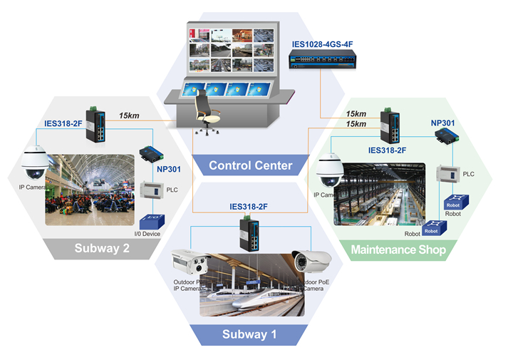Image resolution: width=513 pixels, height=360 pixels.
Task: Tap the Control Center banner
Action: click(250, 165)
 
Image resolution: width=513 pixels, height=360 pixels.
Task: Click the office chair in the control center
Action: click(206, 114)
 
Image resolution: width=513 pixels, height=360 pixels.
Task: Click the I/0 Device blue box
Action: click(152, 222)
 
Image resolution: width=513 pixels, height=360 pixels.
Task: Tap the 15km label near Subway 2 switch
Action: click(130, 115)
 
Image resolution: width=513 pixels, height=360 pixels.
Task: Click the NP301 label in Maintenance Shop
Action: click(442, 123)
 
